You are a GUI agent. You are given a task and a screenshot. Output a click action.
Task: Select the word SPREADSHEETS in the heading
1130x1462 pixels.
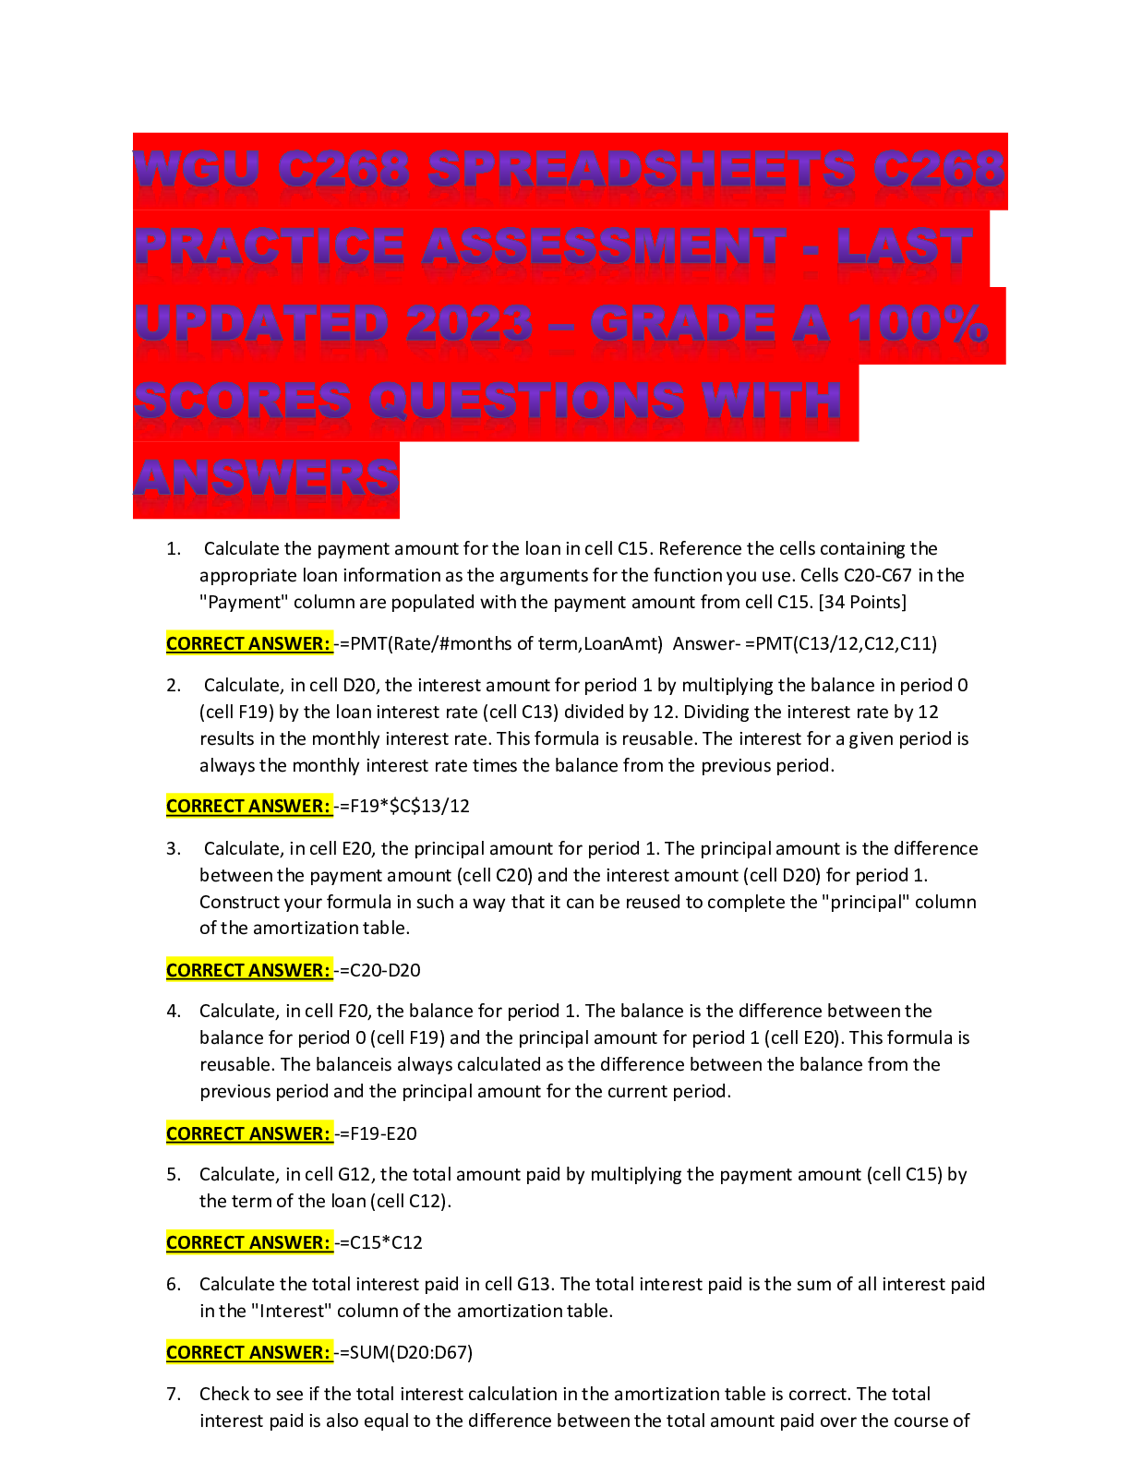click(642, 169)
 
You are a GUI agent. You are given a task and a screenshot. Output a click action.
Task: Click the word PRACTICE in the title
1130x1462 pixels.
click(270, 246)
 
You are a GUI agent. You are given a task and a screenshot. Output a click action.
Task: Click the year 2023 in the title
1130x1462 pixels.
click(469, 324)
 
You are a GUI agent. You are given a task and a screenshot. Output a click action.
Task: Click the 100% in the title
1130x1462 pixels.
click(918, 324)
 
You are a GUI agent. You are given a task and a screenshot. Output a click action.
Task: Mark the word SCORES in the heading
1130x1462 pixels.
click(242, 401)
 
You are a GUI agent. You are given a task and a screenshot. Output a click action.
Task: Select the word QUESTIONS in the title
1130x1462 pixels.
click(526, 401)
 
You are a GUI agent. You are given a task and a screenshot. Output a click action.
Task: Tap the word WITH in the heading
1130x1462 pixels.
click(771, 401)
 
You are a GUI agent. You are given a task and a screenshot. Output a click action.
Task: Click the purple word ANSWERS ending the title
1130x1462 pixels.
click(266, 478)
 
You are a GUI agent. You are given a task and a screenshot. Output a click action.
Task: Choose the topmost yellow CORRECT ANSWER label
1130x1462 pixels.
click(249, 643)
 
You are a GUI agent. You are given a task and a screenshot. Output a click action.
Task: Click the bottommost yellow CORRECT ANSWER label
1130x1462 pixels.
click(249, 1352)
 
